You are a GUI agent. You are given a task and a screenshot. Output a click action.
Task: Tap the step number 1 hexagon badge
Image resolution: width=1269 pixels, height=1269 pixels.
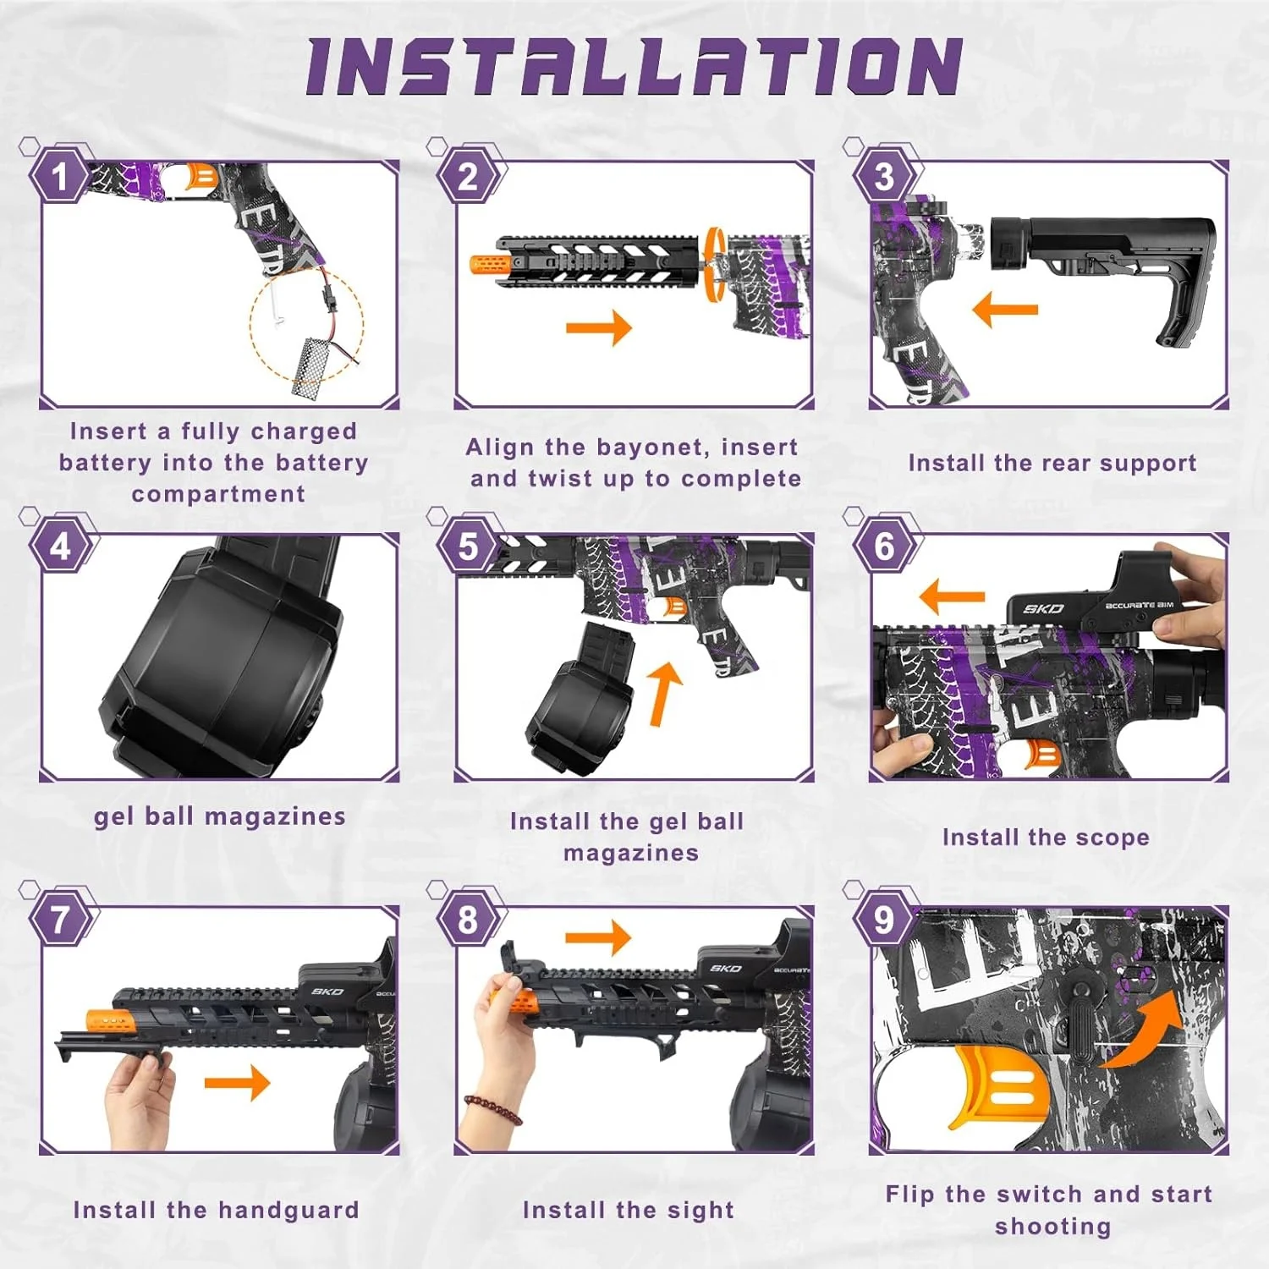click(x=60, y=177)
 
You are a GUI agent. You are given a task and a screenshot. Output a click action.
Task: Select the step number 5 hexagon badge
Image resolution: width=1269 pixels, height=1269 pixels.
click(x=468, y=547)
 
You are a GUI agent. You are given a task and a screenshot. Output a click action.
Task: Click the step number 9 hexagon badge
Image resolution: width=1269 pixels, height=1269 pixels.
click(x=884, y=920)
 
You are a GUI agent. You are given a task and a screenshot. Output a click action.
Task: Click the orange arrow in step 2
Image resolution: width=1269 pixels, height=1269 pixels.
click(x=599, y=327)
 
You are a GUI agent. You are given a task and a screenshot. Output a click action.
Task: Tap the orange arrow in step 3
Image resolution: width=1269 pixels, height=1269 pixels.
click(x=1005, y=310)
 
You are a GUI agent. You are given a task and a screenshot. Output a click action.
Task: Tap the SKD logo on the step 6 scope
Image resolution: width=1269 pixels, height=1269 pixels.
click(x=1043, y=608)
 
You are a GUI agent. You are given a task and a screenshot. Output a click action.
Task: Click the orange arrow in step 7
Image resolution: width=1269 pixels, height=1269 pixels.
click(x=238, y=1083)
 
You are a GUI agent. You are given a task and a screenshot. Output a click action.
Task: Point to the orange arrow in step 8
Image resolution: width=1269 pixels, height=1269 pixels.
click(x=598, y=937)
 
